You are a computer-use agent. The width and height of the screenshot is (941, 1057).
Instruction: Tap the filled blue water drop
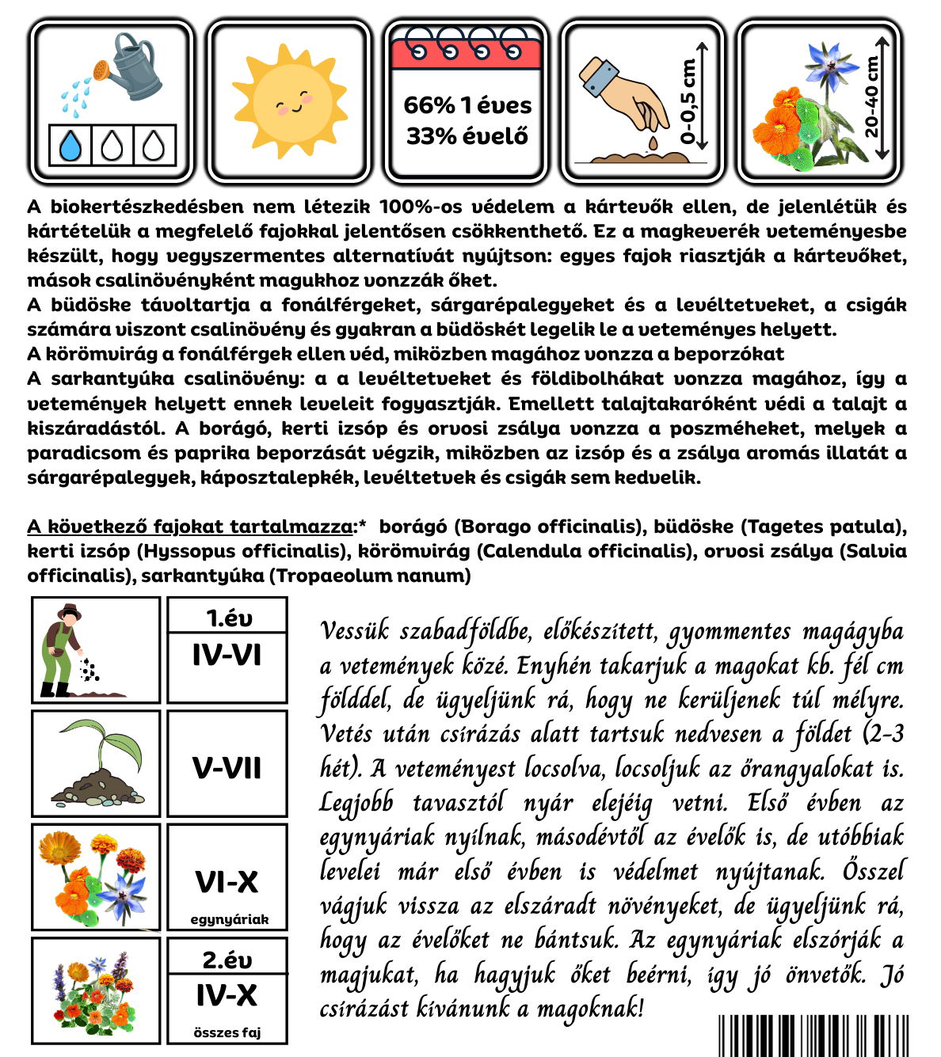(x=70, y=146)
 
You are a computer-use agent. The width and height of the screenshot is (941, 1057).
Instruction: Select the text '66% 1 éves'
(x=467, y=105)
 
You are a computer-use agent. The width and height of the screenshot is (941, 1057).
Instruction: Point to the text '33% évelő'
(x=467, y=136)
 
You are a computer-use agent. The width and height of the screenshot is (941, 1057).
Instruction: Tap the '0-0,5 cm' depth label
(x=688, y=101)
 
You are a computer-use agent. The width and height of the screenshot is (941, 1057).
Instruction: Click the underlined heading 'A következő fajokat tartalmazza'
(x=190, y=527)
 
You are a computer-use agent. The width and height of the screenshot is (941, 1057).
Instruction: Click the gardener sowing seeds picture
(x=96, y=650)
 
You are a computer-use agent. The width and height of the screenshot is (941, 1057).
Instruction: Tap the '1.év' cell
(x=227, y=618)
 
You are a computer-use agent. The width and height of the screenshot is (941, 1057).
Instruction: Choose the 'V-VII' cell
(x=227, y=767)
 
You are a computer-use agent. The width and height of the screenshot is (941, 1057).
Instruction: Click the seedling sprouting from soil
(x=96, y=763)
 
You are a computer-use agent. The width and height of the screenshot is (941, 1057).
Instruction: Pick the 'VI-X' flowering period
(x=227, y=881)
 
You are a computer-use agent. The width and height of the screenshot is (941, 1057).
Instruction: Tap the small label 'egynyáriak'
(x=229, y=919)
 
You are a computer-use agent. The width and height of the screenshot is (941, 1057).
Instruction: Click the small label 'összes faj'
(x=227, y=1032)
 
